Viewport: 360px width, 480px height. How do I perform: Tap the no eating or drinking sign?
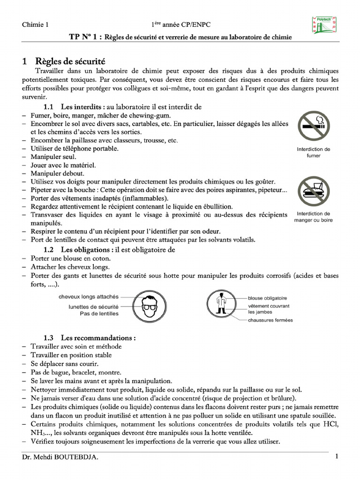pyautogui.click(x=314, y=191)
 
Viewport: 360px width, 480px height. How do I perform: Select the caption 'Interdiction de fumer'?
pyautogui.click(x=314, y=152)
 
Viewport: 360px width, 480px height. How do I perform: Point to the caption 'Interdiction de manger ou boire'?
pyautogui.click(x=314, y=217)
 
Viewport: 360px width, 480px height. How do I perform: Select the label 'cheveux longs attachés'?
pyautogui.click(x=88, y=297)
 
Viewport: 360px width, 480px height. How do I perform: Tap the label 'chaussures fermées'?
pyautogui.click(x=270, y=320)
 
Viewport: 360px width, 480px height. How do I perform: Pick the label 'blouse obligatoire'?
pyautogui.click(x=267, y=298)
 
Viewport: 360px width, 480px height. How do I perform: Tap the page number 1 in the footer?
pyautogui.click(x=337, y=457)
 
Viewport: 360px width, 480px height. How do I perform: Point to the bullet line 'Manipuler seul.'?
pyautogui.click(x=52, y=157)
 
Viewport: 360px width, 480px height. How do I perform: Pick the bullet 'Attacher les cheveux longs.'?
pyautogui.click(x=70, y=267)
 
